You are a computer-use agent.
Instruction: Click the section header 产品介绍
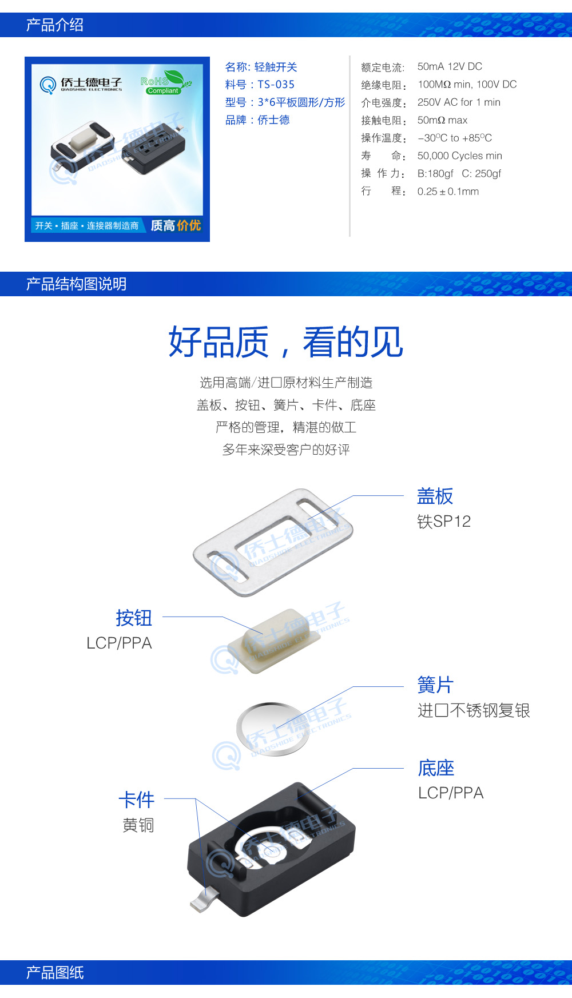(x=55, y=25)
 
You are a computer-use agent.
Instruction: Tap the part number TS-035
(x=276, y=85)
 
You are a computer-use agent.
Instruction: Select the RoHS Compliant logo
(x=165, y=82)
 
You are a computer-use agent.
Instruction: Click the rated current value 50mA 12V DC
(x=450, y=66)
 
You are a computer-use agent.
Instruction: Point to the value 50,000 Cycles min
(x=459, y=156)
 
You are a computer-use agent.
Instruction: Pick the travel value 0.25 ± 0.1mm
(x=448, y=192)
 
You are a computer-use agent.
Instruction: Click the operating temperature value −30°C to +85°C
(x=454, y=138)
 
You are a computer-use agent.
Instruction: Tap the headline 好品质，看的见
(x=285, y=342)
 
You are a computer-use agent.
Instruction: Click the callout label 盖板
(x=435, y=496)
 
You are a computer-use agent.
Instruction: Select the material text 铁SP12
(x=443, y=521)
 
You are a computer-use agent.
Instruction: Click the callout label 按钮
(x=134, y=618)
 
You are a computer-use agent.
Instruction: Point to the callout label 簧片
(x=435, y=685)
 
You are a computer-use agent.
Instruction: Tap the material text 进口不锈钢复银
(x=474, y=710)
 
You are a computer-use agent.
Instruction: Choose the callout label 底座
(x=436, y=768)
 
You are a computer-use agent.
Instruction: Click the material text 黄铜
(x=138, y=825)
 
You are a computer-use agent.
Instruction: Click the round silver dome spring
(x=272, y=727)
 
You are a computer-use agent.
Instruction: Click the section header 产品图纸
(x=55, y=972)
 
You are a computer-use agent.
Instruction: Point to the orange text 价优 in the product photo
(x=189, y=225)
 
